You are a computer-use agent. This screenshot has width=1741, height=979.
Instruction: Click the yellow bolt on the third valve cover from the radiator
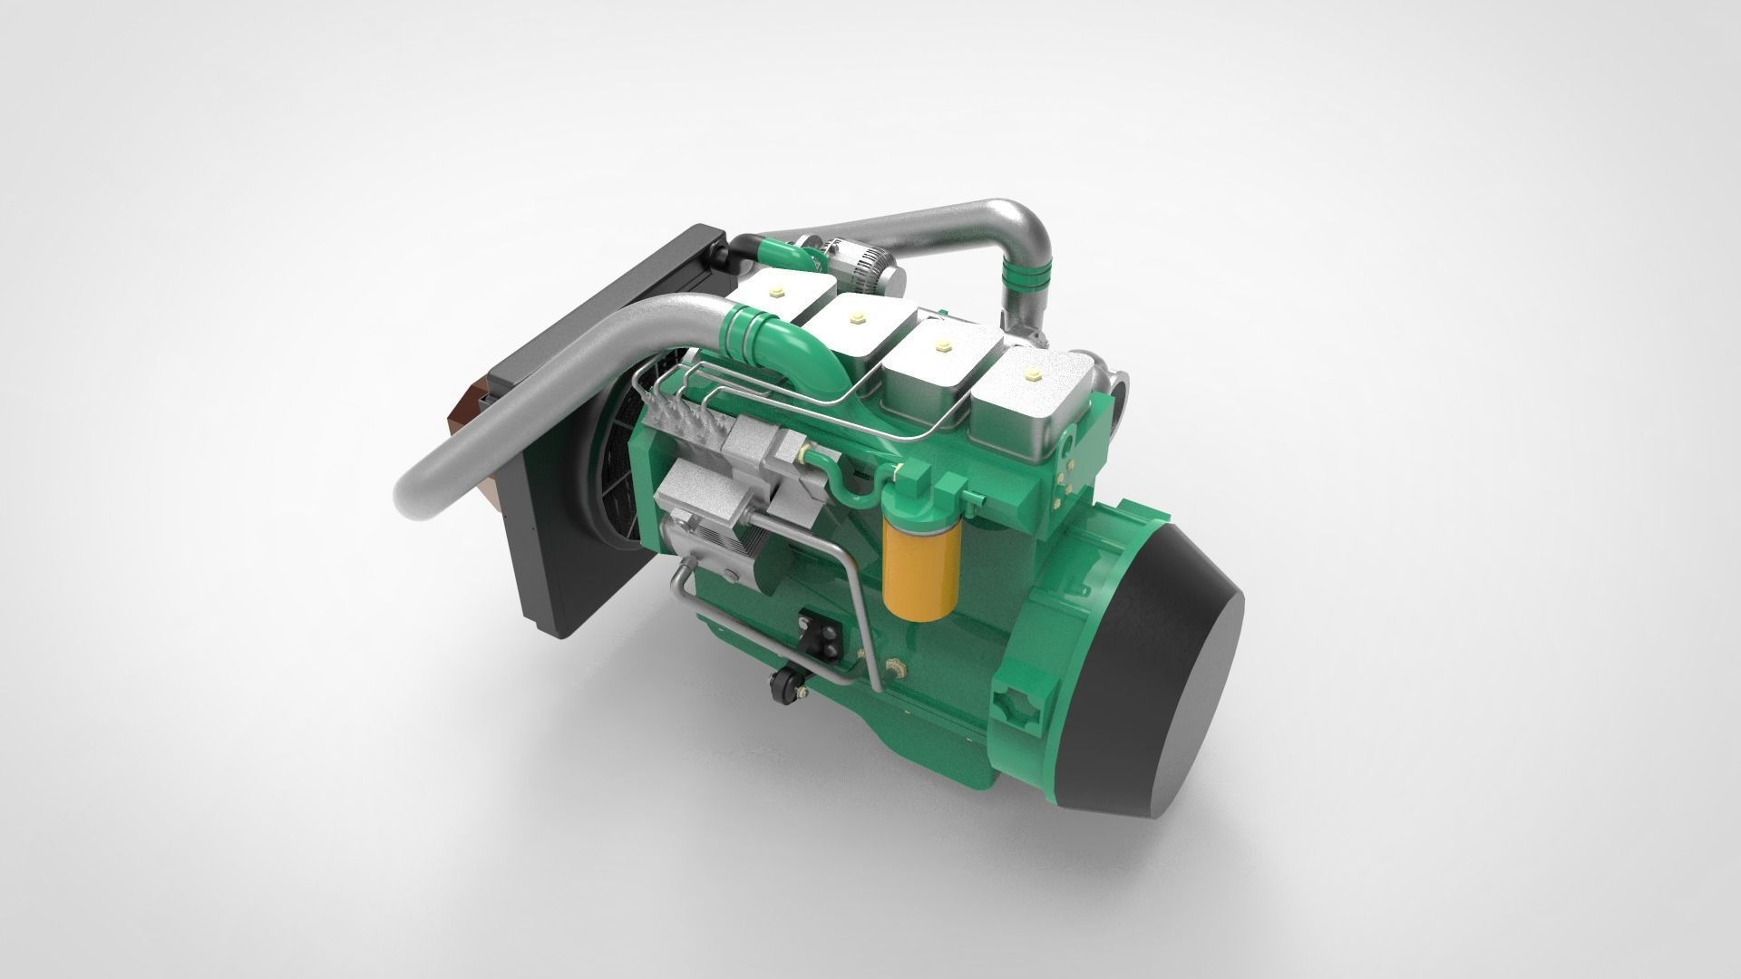pos(941,345)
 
